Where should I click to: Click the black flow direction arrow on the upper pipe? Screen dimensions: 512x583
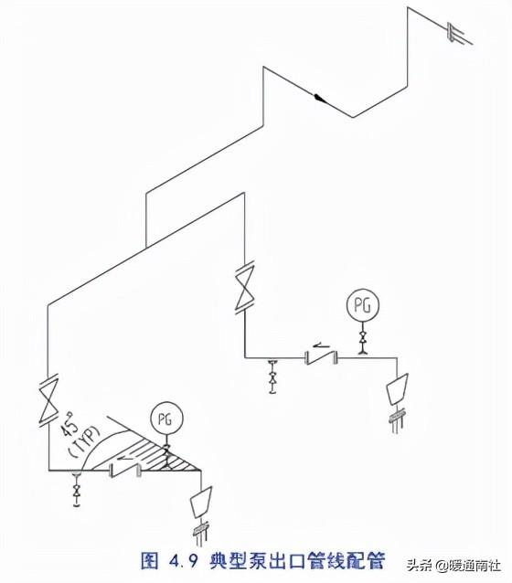[x=320, y=98]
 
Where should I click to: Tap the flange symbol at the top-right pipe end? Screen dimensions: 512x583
[x=453, y=32]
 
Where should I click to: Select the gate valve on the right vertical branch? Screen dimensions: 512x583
[x=245, y=285]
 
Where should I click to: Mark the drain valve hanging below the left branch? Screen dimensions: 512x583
[x=77, y=489]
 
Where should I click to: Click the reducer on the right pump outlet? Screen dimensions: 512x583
[x=398, y=389]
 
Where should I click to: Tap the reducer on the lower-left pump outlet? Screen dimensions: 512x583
[x=201, y=502]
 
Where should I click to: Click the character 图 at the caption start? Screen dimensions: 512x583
[x=150, y=561]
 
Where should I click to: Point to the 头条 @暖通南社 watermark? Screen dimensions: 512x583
[x=454, y=567]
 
